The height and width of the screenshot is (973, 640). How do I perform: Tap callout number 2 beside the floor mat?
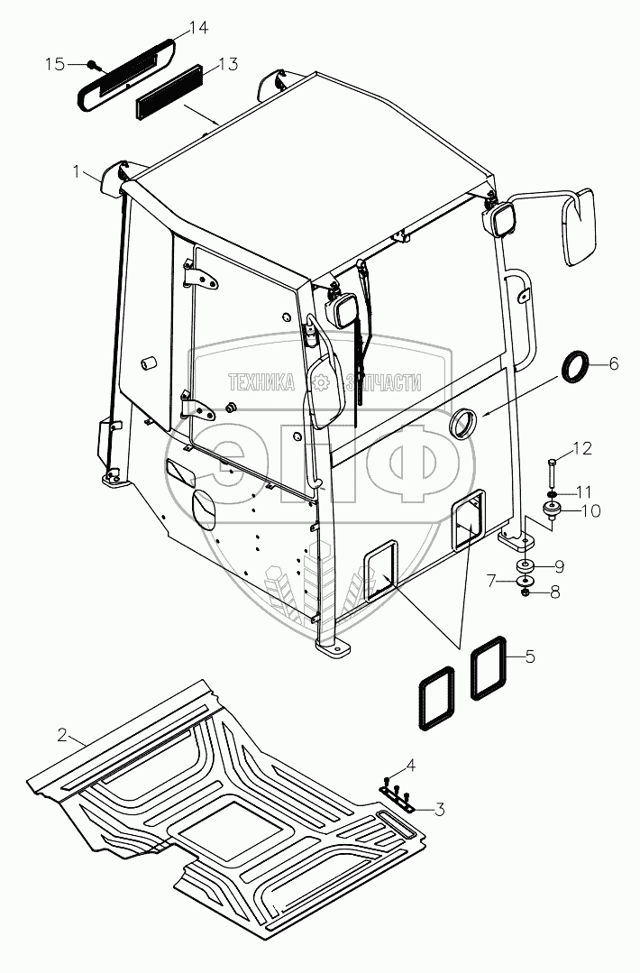point(62,735)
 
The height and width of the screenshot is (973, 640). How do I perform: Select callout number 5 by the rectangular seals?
point(529,656)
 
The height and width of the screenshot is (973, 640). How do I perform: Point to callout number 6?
point(613,363)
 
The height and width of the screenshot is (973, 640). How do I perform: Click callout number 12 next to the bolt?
point(582,448)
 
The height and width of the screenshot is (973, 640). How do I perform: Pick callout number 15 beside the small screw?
point(56,64)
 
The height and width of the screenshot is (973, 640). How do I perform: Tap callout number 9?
point(559,566)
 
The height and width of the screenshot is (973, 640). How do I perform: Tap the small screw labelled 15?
point(92,64)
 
